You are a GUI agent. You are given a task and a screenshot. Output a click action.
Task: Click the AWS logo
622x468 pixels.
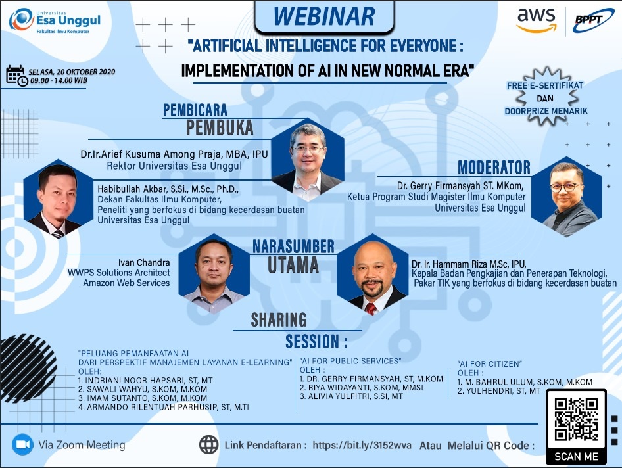tap(535, 20)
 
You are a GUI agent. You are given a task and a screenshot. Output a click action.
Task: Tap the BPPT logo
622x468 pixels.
tap(592, 20)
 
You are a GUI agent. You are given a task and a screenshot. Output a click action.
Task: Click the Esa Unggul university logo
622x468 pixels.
tap(55, 20)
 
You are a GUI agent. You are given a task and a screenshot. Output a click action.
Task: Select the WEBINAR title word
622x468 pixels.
tap(323, 16)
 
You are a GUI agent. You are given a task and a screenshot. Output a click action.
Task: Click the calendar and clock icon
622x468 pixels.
tap(16, 76)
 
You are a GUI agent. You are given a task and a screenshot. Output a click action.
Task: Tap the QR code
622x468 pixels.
tap(576, 420)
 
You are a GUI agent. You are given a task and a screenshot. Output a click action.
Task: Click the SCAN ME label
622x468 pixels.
tap(576, 457)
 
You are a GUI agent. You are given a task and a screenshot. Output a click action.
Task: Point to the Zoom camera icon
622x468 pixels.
tap(22, 444)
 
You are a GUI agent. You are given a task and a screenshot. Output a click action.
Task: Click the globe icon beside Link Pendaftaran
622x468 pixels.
tap(208, 444)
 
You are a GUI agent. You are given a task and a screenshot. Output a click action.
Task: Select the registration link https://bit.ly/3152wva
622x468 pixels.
tap(362, 445)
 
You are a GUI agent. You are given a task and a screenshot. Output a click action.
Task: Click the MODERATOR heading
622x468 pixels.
tap(494, 168)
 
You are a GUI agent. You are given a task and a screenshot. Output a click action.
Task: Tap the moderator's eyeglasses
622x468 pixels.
tap(565, 187)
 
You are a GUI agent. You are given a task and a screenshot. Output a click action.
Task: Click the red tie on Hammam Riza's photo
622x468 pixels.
tap(371, 308)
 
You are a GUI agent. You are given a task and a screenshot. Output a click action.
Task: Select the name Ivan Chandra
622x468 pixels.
tap(144, 262)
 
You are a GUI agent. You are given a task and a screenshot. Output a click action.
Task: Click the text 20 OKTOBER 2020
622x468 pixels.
tap(85, 72)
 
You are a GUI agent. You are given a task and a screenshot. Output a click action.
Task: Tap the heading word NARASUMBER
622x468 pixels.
tap(293, 246)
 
